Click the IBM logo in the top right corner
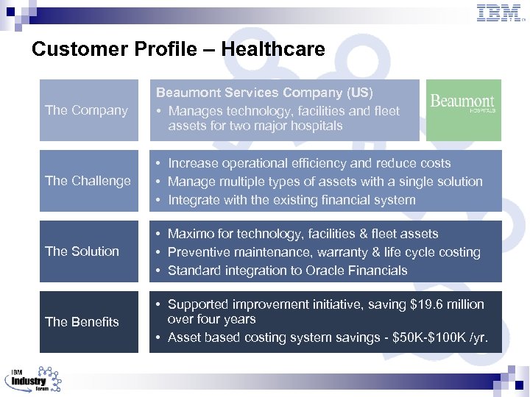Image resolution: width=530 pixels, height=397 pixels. (500, 13)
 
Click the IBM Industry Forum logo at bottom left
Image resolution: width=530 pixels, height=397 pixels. (33, 379)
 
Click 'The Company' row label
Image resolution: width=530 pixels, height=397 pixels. (86, 110)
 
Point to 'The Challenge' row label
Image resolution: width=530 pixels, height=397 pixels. (88, 181)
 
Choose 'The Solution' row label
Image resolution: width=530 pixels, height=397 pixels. (82, 251)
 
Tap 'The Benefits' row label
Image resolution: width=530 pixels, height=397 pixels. (82, 322)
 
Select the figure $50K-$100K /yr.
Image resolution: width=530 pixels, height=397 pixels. (439, 339)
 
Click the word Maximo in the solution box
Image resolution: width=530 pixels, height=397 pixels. (192, 234)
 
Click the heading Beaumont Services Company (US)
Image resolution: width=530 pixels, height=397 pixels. (264, 93)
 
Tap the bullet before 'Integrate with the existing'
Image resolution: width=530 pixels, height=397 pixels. (158, 200)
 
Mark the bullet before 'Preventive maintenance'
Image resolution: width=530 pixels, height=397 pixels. (158, 252)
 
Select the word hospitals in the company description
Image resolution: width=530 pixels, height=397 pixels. (317, 126)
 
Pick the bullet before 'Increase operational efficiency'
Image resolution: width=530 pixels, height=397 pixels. (158, 163)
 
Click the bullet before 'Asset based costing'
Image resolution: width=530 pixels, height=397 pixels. (158, 339)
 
